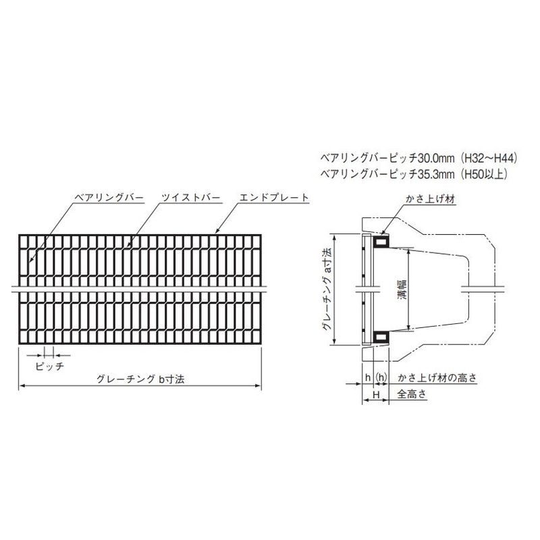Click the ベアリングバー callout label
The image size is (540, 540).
pos(109,198)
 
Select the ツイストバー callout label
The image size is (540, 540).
pos(191,198)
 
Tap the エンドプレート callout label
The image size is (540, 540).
pos(274,198)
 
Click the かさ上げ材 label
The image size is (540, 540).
pos(431,199)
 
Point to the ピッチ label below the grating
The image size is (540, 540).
pos(50,366)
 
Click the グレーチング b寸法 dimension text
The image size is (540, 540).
pos(140,379)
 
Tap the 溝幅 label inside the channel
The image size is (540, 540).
pos(402,289)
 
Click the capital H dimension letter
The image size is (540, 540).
pos(376,394)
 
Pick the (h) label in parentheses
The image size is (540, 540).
pos(381,377)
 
